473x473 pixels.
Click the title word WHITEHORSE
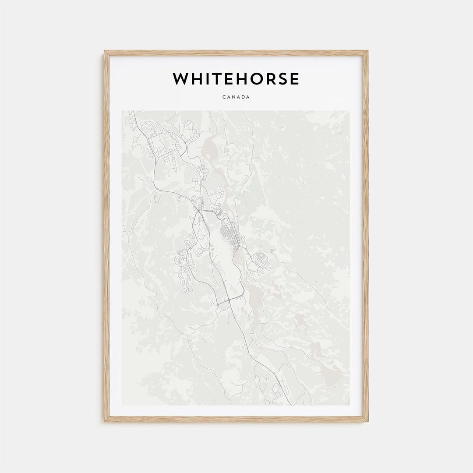pyautogui.click(x=236, y=79)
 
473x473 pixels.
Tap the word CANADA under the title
pyautogui.click(x=236, y=97)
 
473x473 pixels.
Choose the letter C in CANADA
pyautogui.click(x=223, y=97)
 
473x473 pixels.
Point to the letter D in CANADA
pyautogui.click(x=243, y=97)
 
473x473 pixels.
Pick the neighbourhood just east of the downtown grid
pyautogui.click(x=259, y=263)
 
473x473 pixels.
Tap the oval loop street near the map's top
pyautogui.click(x=189, y=127)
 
